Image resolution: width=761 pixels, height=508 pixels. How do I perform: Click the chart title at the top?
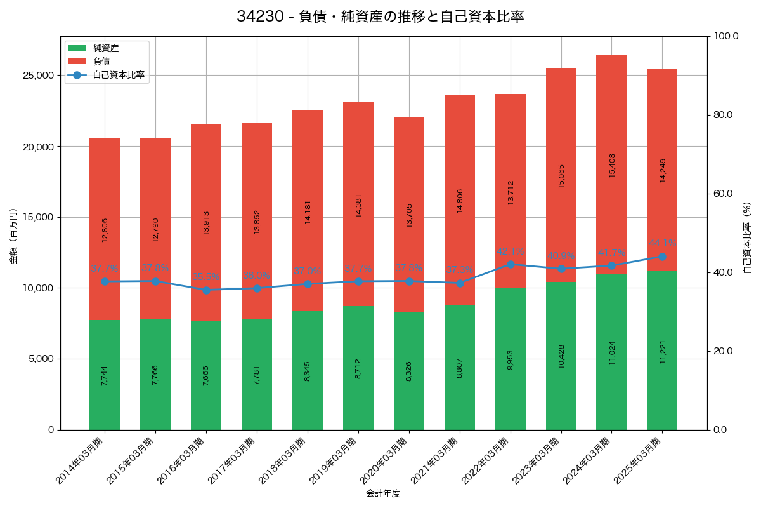(x=380, y=17)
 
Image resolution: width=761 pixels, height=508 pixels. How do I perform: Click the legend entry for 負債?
(x=101, y=62)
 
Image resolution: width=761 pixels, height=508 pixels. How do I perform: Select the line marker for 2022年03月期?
(x=511, y=264)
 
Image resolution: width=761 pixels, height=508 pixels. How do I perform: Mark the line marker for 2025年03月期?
(x=662, y=257)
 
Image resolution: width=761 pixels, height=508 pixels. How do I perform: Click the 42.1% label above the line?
(x=511, y=251)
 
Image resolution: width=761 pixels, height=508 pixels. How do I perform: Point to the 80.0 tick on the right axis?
(x=722, y=115)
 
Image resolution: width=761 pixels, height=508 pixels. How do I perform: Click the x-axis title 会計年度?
(x=383, y=493)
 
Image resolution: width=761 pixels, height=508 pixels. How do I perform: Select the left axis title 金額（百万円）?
(x=13, y=236)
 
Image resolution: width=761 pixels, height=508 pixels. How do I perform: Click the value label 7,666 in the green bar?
(x=206, y=375)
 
